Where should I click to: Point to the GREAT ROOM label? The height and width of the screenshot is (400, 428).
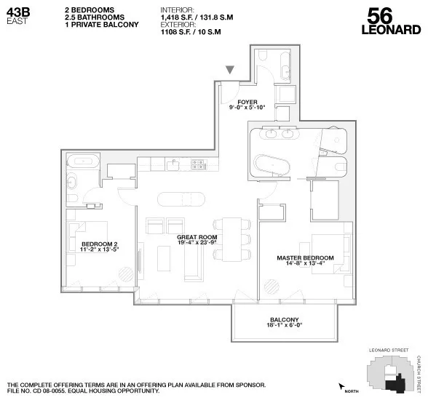(197, 237)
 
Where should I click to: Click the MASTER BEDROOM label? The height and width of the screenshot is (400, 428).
(305, 257)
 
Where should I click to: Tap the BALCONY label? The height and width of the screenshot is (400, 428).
(284, 320)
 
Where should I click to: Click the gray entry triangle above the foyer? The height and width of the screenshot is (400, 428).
(230, 70)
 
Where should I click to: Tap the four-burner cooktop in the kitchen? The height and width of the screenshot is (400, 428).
(197, 165)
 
